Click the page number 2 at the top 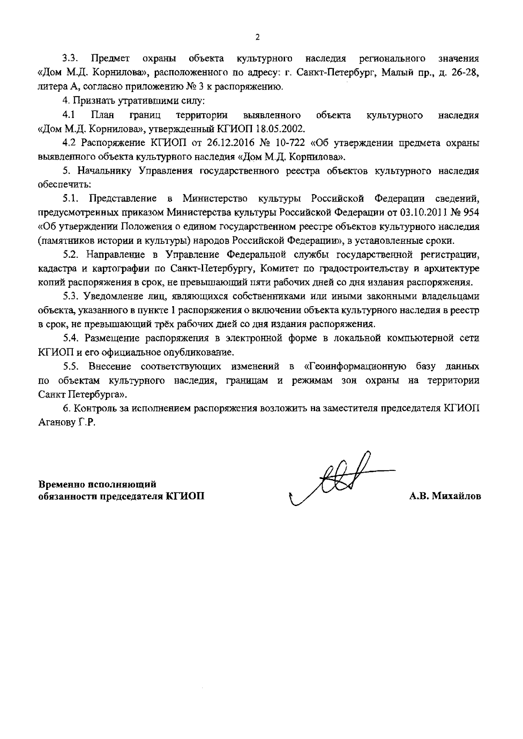pos(257,37)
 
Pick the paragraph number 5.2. pos(71,254)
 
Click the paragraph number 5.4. pos(71,338)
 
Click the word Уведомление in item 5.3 pos(116,297)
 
